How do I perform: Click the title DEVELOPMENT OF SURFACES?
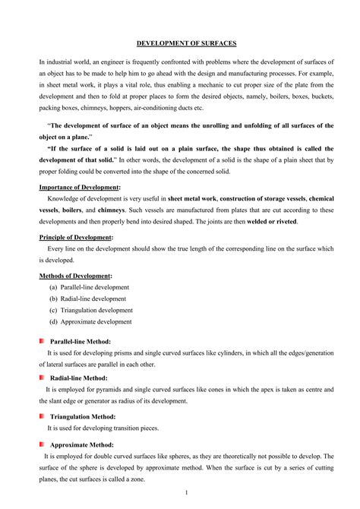tap(179, 45)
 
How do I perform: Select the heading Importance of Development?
tap(80, 186)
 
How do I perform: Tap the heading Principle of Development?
tap(76, 237)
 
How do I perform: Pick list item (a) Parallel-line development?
tap(89, 287)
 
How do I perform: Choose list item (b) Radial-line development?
tap(88, 299)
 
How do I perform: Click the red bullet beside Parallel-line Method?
tap(42, 341)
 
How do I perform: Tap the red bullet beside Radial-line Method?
tap(42, 377)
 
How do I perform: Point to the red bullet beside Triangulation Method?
tap(42, 416)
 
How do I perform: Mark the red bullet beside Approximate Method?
tap(42, 444)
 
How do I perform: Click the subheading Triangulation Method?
tap(83, 416)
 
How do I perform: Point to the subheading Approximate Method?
tap(81, 444)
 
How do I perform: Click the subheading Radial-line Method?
tap(78, 378)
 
